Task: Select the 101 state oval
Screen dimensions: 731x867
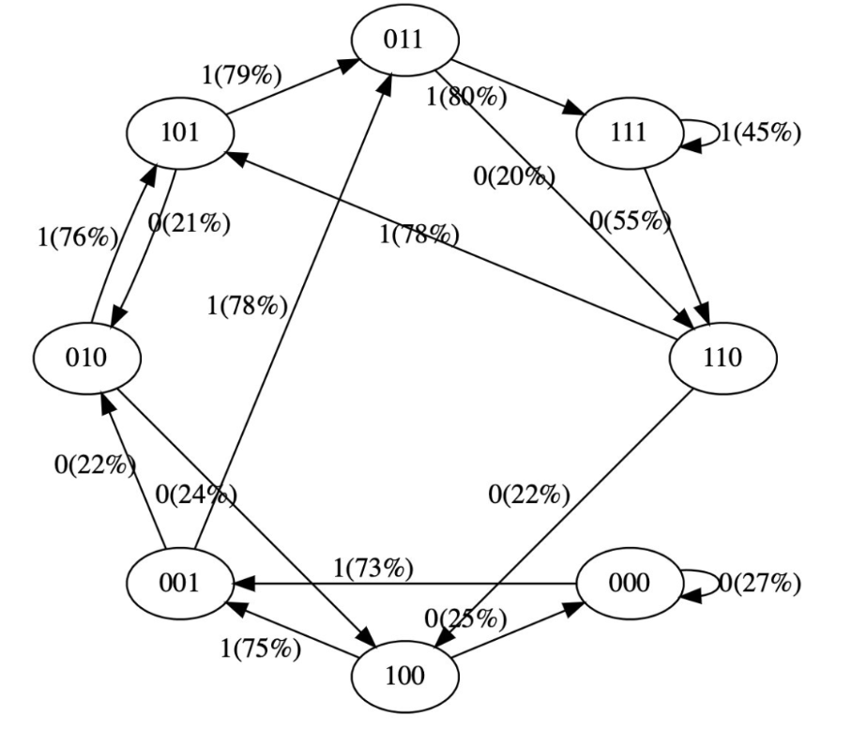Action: click(x=179, y=132)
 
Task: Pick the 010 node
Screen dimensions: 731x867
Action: click(x=87, y=358)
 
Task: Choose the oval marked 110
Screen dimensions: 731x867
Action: click(x=722, y=358)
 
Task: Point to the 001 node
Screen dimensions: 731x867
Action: click(x=179, y=583)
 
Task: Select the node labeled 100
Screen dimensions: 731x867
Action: click(x=404, y=676)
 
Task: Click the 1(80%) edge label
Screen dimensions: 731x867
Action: click(x=466, y=96)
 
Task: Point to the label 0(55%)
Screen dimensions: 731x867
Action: click(x=631, y=222)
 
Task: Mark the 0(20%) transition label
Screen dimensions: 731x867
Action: click(x=514, y=175)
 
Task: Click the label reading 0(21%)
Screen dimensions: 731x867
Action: click(x=190, y=225)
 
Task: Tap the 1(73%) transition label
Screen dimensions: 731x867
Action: click(x=373, y=568)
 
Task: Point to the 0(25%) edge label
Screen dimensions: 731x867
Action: click(x=465, y=618)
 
